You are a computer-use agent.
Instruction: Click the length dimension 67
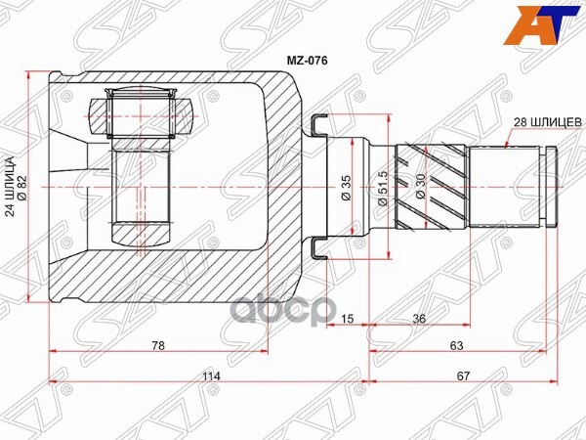tap(463, 372)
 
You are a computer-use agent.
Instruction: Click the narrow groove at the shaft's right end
tap(549, 186)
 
